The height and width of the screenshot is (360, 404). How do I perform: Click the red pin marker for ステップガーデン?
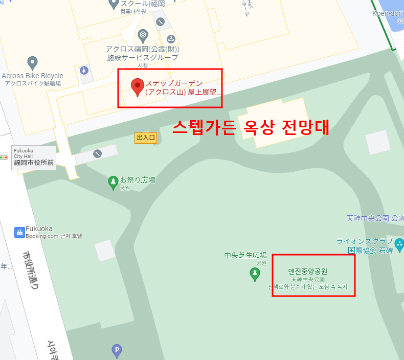point(137,86)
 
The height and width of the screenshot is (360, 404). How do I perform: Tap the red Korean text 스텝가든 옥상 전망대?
point(250,127)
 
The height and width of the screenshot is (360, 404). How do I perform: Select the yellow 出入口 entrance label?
point(145,138)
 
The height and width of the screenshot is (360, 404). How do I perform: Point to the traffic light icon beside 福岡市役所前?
point(5,157)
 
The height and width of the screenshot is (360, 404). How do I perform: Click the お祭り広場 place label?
point(138,180)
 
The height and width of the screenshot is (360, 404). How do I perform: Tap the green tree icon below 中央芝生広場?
point(255,274)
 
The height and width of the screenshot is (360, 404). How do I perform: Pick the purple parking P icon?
point(117,350)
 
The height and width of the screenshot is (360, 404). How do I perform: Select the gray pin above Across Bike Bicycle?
point(32,63)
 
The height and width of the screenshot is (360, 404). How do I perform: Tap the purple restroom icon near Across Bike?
point(84,70)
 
